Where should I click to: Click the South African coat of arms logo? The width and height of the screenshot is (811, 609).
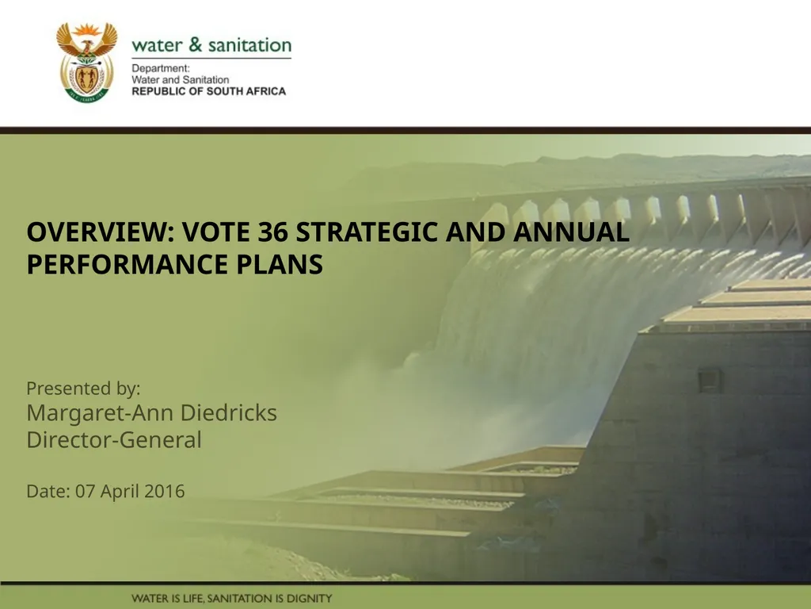(87, 62)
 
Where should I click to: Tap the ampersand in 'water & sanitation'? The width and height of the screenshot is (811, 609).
(196, 44)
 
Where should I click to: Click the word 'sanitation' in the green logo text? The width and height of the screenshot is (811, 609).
(249, 45)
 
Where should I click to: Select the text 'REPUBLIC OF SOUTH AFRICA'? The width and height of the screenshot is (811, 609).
(209, 91)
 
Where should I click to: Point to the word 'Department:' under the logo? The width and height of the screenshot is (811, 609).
(161, 68)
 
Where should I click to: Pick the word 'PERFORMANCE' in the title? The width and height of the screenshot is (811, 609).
(128, 264)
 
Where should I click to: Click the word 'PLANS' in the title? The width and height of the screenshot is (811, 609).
(280, 264)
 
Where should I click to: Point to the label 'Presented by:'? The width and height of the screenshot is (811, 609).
(83, 389)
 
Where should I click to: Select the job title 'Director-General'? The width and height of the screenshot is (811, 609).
(114, 439)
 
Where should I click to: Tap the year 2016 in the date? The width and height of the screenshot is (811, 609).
(165, 491)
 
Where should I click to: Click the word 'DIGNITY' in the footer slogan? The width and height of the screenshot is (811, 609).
(310, 599)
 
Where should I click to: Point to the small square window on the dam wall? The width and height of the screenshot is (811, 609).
(710, 381)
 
